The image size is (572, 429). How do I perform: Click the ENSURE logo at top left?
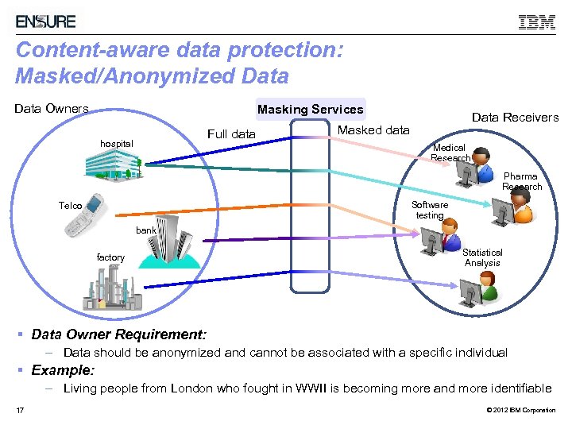[x=46, y=21]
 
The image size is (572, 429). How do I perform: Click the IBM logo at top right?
[x=536, y=22]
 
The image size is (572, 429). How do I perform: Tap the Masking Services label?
[x=310, y=110]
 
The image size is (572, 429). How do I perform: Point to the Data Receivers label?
[x=515, y=118]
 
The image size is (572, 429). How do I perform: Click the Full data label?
[x=231, y=134]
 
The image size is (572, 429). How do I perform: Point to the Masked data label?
[x=373, y=130]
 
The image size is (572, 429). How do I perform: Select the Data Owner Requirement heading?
[x=118, y=334]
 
